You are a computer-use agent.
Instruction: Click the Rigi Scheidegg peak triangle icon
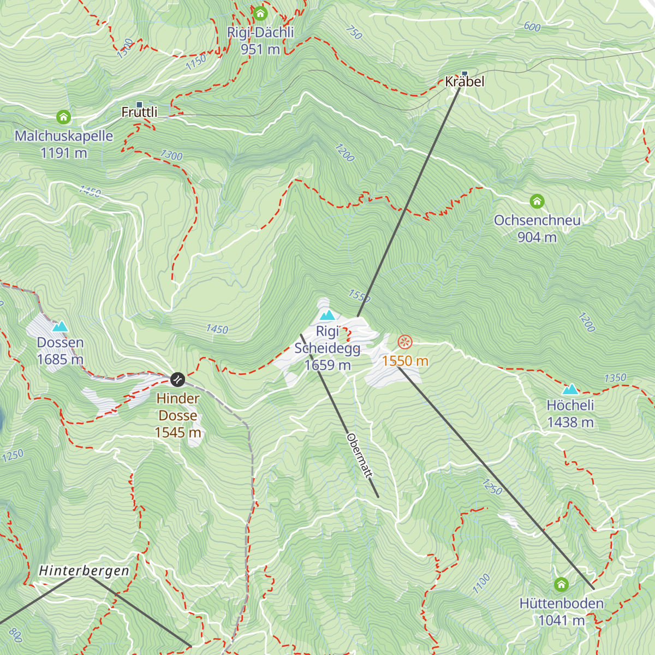coord(327,315)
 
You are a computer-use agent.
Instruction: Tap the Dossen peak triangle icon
coord(60,326)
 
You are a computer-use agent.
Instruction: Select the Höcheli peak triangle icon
coord(570,389)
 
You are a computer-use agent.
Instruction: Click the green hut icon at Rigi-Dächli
coord(260,13)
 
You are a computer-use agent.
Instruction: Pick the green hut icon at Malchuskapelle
coord(64,117)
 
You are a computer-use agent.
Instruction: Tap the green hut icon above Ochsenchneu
coord(537,201)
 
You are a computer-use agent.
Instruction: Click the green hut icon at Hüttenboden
coord(561,585)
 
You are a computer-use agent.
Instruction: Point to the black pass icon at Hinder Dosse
coord(177,379)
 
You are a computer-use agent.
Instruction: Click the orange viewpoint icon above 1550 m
coord(405,342)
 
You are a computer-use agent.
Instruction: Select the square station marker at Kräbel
coord(465,73)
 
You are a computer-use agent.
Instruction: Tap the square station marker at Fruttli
coord(139,104)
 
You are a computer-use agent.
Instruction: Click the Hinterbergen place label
coord(84,571)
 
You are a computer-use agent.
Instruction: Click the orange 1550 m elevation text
coord(405,361)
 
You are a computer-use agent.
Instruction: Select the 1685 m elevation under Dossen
coord(60,359)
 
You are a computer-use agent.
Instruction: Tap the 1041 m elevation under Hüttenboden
coord(561,621)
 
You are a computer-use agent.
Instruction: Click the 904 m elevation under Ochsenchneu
coord(537,237)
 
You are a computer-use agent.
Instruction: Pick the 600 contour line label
coord(532,27)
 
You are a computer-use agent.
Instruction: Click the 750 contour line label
coord(354,33)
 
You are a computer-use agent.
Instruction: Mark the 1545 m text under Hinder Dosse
coord(178,432)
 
